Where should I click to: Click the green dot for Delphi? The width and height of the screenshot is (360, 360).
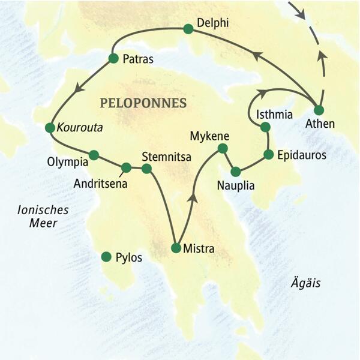tap(188, 28)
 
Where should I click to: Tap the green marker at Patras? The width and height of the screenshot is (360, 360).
tap(113, 58)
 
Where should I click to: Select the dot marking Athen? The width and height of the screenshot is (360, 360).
tap(319, 110)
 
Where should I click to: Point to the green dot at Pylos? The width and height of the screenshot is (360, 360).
tap(106, 257)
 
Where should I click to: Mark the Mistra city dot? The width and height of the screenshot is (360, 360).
tap(176, 247)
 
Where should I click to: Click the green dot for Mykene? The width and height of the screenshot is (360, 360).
tap(223, 148)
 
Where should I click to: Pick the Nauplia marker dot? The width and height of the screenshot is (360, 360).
tap(236, 170)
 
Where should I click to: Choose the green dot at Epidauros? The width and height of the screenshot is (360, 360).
tap(268, 154)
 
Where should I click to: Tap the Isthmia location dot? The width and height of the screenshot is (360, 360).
tap(265, 127)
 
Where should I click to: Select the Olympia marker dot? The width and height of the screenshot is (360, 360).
tap(94, 155)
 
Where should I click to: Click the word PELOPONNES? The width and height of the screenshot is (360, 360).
tap(143, 103)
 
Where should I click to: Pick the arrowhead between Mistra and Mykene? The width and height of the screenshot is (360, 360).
tap(192, 198)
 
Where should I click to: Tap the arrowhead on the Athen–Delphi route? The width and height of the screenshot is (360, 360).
tap(257, 56)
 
